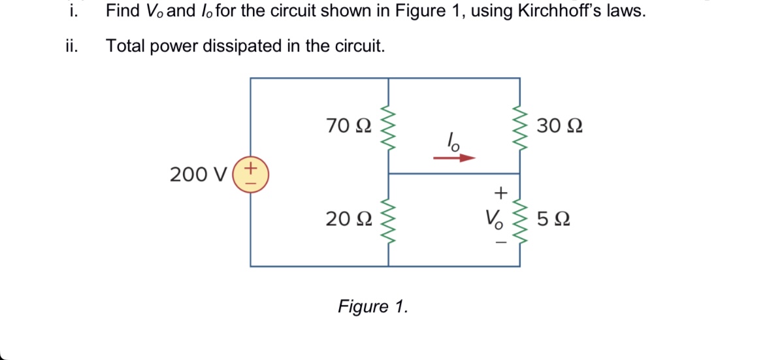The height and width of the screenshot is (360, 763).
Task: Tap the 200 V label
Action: click(x=198, y=175)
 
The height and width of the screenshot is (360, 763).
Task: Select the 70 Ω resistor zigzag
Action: click(x=389, y=125)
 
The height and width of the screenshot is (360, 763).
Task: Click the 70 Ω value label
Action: click(x=349, y=125)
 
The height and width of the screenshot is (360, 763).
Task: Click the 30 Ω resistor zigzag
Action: click(x=520, y=125)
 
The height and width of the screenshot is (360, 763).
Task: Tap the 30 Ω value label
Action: click(x=560, y=125)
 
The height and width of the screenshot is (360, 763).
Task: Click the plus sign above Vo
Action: click(x=500, y=193)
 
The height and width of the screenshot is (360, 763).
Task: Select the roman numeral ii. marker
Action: click(x=71, y=46)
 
